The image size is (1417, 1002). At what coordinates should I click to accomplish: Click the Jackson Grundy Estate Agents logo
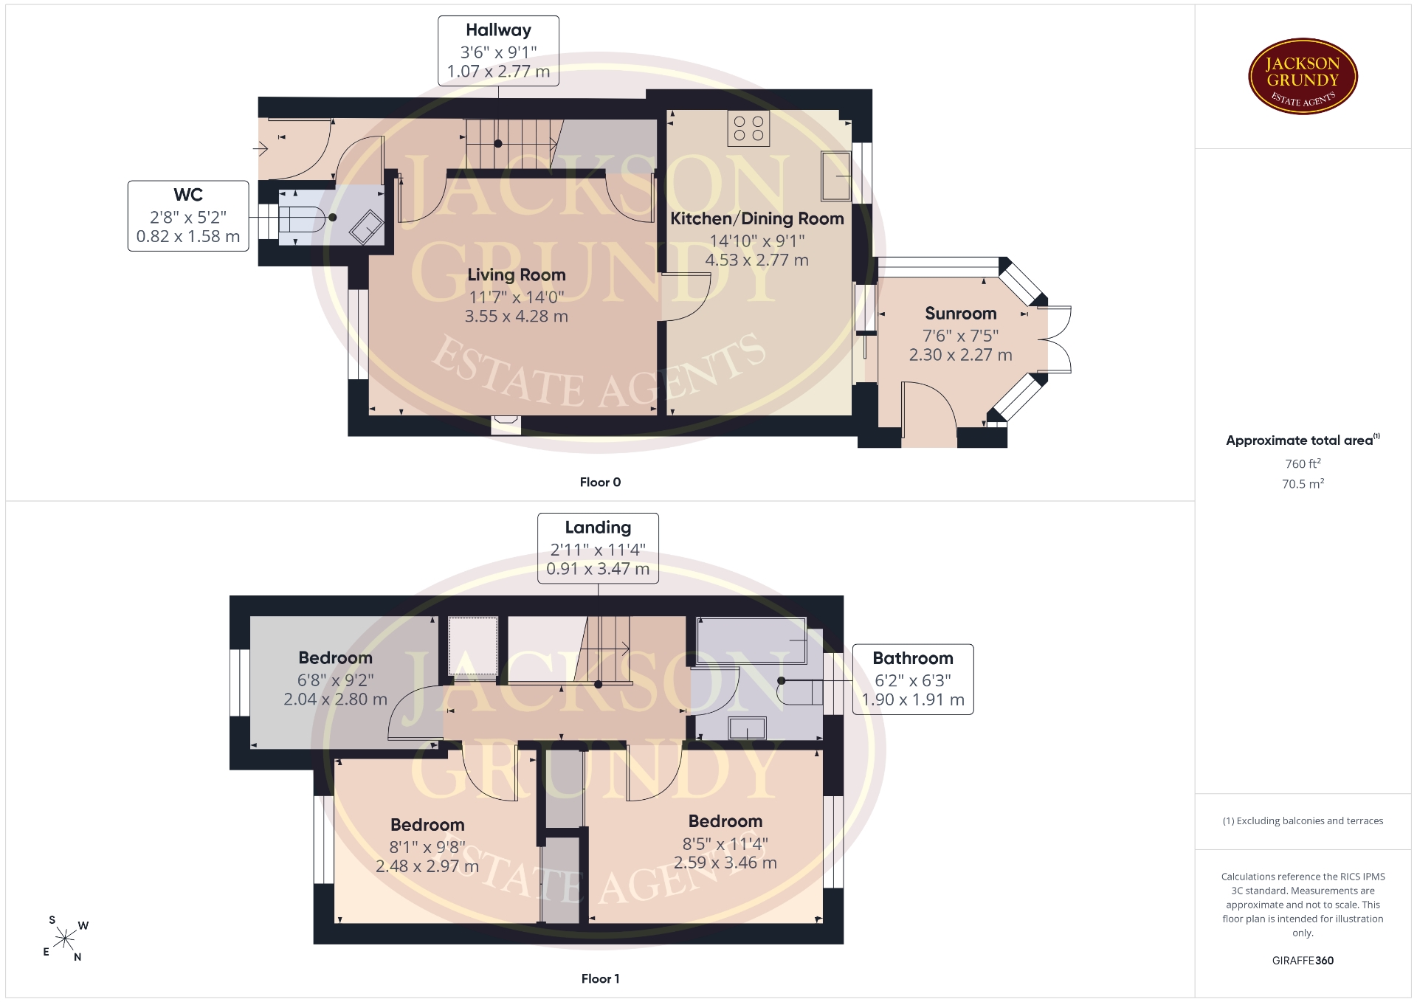pos(1303,76)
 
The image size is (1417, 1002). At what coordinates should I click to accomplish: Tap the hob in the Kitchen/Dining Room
pos(748,128)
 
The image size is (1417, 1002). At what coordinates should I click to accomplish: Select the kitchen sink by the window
pos(836,176)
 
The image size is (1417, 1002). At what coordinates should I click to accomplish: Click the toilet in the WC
pos(303,218)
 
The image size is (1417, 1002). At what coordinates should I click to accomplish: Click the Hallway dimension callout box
pos(498,51)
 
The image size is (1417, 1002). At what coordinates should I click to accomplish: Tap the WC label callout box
pos(188,215)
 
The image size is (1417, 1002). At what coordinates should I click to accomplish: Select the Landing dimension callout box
pos(598,548)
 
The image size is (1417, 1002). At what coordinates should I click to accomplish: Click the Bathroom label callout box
pos(913,679)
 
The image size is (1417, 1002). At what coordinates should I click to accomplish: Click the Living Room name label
pos(517,275)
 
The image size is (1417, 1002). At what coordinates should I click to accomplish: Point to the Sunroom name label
pos(961,314)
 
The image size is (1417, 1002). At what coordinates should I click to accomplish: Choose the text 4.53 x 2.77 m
pos(757,260)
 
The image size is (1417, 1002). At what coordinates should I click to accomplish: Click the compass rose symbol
pos(66,939)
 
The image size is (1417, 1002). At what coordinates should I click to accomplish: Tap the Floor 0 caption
pos(600,482)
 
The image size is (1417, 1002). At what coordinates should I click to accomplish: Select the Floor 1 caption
pos(600,978)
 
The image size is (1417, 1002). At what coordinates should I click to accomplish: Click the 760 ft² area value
pos(1303,463)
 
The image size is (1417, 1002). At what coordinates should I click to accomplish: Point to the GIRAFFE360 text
pos(1303,960)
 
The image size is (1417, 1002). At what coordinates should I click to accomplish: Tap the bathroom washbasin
pos(747,728)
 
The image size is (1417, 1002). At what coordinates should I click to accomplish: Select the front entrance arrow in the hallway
pos(260,149)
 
